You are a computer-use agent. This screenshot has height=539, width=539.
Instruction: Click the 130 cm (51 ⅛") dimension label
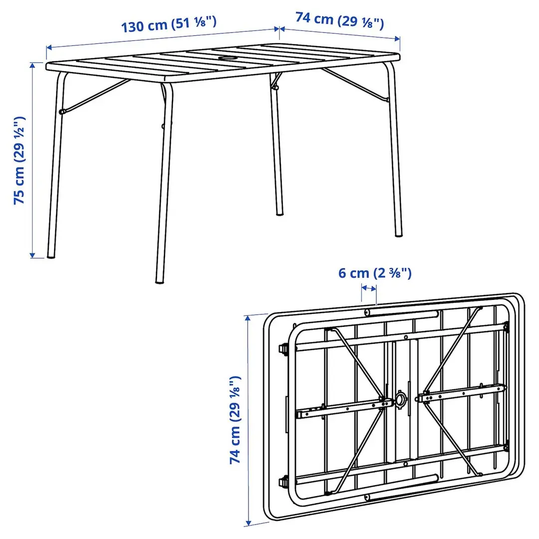170,24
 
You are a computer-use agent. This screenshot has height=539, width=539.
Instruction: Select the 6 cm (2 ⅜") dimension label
375,273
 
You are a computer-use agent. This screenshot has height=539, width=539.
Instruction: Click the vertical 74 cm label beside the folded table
236,420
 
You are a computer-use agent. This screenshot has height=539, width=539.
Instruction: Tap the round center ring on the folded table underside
401,399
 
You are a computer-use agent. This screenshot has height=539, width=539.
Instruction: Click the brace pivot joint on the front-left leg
62,112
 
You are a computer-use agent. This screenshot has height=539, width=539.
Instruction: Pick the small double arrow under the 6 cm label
369,288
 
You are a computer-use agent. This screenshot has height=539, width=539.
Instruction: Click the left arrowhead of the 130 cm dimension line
48,48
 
